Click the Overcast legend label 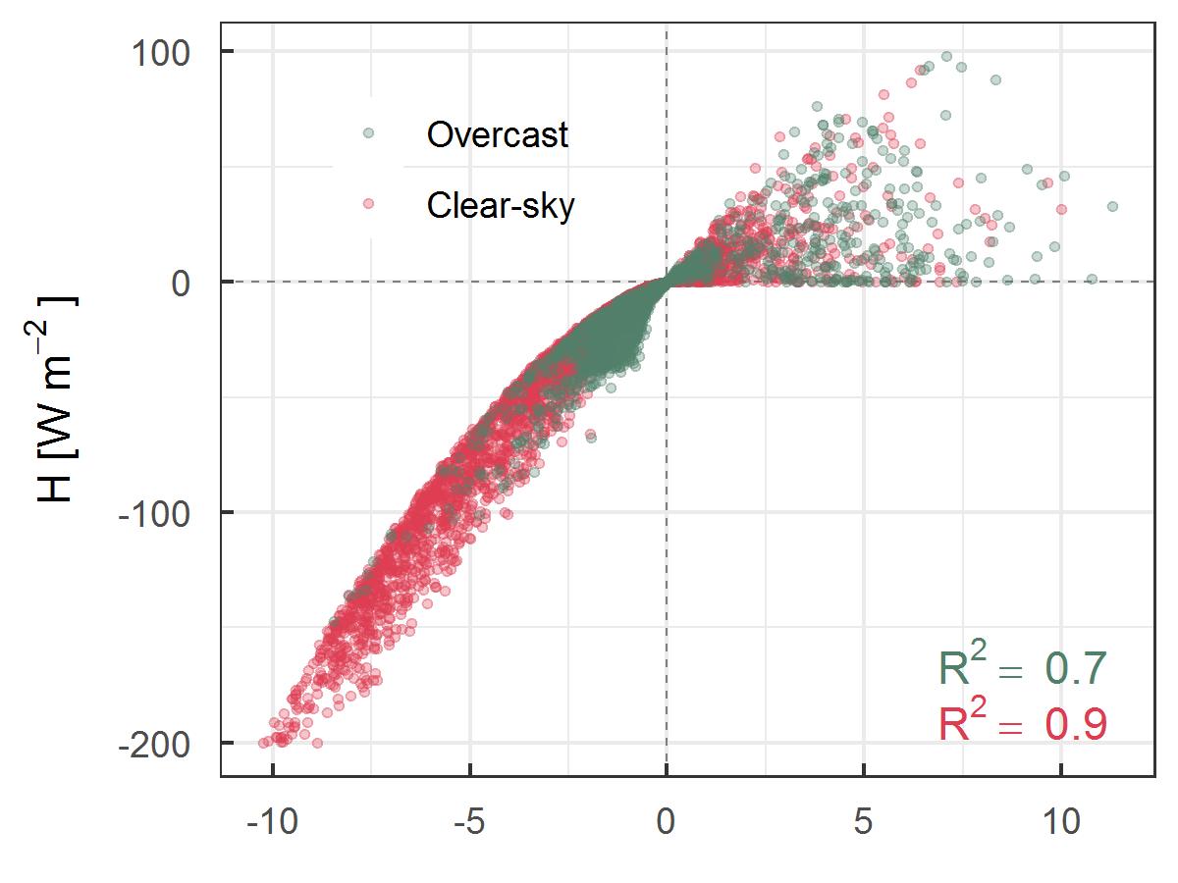point(497,134)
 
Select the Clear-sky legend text point(500,205)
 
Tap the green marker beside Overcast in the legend point(368,132)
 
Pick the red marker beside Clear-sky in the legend point(368,204)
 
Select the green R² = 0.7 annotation point(1023,668)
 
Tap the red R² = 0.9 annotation point(1023,725)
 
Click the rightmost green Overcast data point point(1112,206)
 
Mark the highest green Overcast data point point(947,57)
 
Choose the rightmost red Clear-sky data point point(1061,209)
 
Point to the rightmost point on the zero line point(1093,280)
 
